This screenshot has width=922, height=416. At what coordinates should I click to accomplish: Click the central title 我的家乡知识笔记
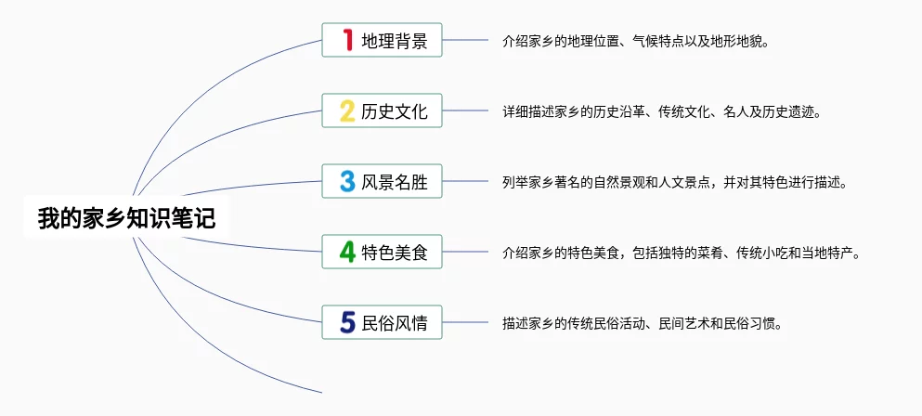click(126, 218)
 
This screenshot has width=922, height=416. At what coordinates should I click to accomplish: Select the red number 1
click(348, 40)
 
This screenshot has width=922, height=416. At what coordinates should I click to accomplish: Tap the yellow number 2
click(347, 111)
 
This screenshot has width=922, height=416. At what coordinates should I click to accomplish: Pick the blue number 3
click(347, 181)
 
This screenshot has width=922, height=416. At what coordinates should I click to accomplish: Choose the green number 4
click(347, 252)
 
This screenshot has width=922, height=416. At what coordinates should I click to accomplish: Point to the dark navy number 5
click(347, 322)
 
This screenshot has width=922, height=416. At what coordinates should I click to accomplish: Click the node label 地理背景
click(394, 41)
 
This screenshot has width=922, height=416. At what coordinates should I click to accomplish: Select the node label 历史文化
click(394, 111)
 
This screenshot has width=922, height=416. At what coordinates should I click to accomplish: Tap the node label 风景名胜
click(394, 182)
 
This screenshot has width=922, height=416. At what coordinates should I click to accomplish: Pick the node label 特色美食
click(394, 253)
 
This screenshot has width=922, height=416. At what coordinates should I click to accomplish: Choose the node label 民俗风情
click(394, 323)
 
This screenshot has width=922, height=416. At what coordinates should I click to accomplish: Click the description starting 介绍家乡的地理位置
click(636, 42)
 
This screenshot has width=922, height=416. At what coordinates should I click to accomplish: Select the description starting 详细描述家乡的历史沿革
click(661, 111)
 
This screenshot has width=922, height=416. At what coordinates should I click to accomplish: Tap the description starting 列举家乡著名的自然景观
click(674, 182)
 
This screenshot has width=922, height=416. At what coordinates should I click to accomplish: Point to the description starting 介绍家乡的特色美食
click(681, 253)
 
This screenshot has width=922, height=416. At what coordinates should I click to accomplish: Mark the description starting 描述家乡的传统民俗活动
click(643, 324)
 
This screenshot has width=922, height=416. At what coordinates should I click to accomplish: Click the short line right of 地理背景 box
click(465, 40)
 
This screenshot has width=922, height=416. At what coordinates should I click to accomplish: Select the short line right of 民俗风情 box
click(465, 322)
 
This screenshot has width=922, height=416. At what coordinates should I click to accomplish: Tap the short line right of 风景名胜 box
click(465, 181)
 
